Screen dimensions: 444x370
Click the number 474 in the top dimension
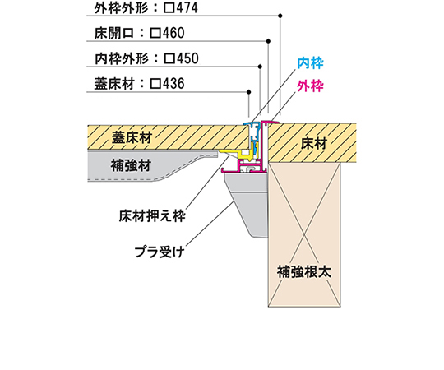click(x=187, y=7)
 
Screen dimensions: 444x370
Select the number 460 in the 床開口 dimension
click(x=173, y=33)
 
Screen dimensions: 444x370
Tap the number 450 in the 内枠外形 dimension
click(x=187, y=58)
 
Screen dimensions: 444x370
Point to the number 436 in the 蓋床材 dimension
click(x=173, y=84)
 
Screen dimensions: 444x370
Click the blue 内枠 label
click(x=310, y=63)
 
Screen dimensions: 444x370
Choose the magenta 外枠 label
click(x=310, y=86)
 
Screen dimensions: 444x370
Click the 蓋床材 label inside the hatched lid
click(x=132, y=138)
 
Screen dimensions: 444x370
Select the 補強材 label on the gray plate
click(x=131, y=165)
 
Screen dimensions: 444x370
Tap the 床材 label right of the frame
click(x=314, y=144)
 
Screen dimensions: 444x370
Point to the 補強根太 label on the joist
click(x=304, y=272)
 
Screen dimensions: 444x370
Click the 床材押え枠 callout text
click(x=152, y=216)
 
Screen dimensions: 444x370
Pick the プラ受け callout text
click(x=160, y=252)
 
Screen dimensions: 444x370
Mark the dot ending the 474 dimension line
click(x=280, y=16)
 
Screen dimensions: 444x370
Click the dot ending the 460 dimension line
click(x=268, y=41)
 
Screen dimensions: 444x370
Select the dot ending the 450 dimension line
click(x=260, y=67)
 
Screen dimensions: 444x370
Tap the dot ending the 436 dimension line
click(x=248, y=92)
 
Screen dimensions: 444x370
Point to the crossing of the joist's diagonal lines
click(x=304, y=234)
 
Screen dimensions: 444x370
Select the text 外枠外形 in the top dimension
click(x=121, y=8)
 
